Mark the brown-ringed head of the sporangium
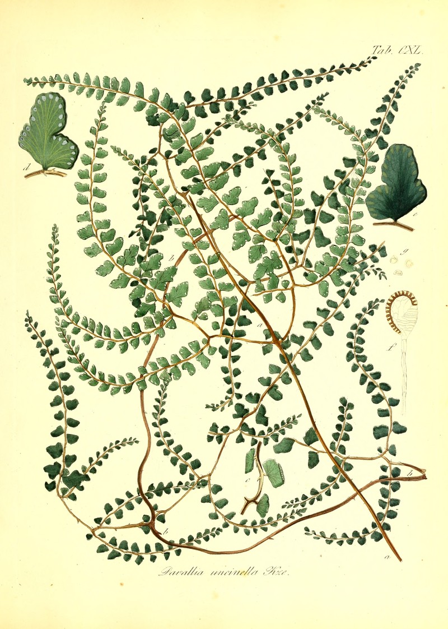click(x=402, y=313)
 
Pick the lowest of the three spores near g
click(x=399, y=273)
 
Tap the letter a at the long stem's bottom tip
click(x=386, y=557)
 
